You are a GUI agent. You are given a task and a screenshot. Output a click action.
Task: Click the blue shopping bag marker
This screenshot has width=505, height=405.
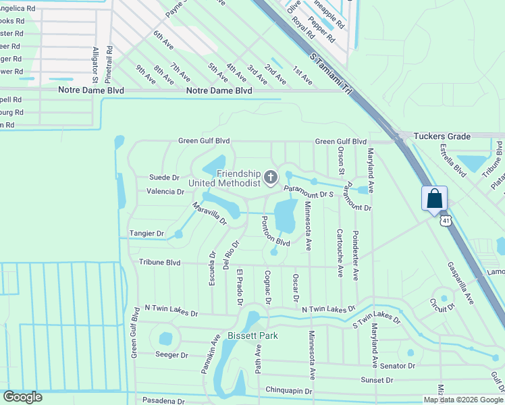435,199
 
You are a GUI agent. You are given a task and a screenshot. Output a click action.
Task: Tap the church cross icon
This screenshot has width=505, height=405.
271,178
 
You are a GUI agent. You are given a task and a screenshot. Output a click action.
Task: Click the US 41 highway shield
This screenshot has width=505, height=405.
445,220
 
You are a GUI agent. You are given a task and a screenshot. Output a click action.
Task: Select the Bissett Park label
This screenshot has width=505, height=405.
252,335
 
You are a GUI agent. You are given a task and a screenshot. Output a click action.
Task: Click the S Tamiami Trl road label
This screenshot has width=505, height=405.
331,74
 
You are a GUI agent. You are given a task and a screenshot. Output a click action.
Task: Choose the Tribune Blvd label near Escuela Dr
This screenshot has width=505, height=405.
160,262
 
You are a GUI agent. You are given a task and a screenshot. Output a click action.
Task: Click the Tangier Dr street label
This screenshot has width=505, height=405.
147,234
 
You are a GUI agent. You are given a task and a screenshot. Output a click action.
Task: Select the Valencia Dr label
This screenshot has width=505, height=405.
165,192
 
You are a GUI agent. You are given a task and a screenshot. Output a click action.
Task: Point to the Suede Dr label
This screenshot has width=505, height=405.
164,178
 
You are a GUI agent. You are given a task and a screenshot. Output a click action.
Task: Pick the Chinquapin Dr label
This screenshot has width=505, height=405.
289,390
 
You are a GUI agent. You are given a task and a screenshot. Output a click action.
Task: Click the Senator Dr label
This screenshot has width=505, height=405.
398,365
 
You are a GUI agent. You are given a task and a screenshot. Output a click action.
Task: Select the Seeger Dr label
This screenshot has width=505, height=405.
171,354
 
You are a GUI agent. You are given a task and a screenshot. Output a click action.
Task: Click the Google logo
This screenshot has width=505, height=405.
22,397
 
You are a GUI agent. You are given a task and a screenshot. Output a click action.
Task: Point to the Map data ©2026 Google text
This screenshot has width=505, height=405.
463,400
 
